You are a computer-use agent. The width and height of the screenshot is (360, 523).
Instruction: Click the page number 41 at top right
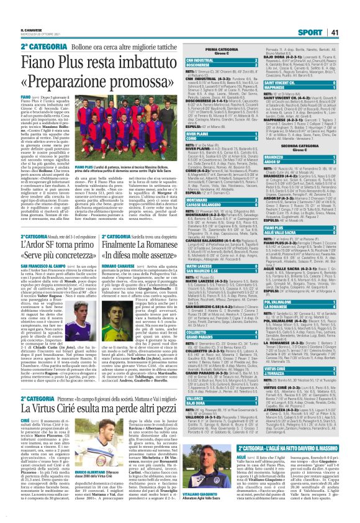tap(351, 32)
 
